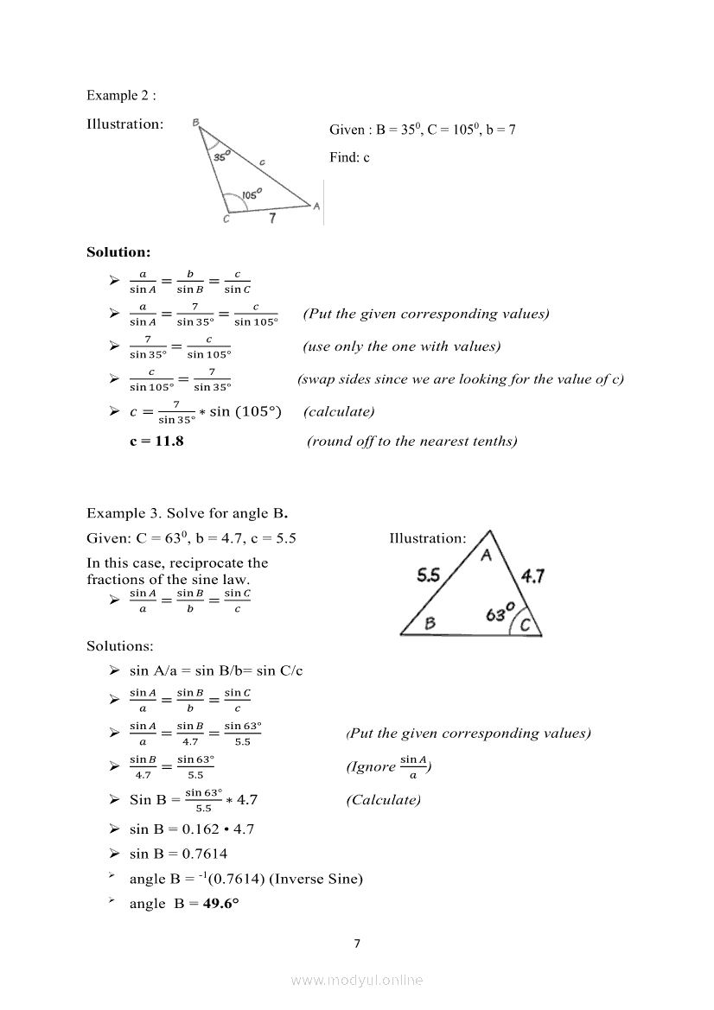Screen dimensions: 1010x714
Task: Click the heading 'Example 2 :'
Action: [x=121, y=95]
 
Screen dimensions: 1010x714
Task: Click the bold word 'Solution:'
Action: [x=118, y=252]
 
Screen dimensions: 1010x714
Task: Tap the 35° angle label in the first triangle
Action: [x=221, y=156]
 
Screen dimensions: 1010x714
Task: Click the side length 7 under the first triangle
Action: [x=271, y=219]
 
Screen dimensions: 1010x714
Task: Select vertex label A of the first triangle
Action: [x=316, y=206]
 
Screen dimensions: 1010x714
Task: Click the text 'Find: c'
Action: [x=349, y=157]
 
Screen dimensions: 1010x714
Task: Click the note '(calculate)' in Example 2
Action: [x=339, y=411]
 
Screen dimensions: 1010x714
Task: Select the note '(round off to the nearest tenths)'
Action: [x=412, y=441]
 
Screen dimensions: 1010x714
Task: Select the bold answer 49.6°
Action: [x=220, y=904]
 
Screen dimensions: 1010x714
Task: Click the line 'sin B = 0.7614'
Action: [x=178, y=854]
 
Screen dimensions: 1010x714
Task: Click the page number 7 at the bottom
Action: [x=357, y=943]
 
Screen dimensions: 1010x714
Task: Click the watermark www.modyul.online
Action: [x=357, y=980]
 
